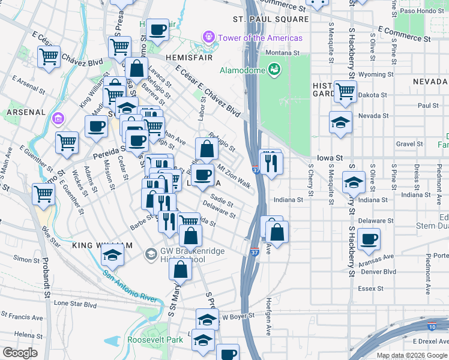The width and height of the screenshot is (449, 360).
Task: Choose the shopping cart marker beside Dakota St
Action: tap(345, 92)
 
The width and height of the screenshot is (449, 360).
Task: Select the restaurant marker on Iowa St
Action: tap(271, 163)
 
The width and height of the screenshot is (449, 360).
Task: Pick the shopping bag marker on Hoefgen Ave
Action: tap(277, 232)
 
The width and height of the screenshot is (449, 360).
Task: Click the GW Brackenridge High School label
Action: tap(182, 255)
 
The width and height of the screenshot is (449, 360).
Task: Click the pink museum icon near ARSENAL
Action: tap(58, 118)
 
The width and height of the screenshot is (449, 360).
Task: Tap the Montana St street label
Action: tap(282, 53)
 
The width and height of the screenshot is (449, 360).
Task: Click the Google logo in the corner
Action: tap(20, 353)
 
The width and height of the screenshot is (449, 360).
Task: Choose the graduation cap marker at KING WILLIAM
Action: tap(112, 254)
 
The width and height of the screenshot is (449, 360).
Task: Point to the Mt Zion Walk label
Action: tap(234, 175)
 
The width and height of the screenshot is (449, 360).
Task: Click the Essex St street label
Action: tap(370, 289)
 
